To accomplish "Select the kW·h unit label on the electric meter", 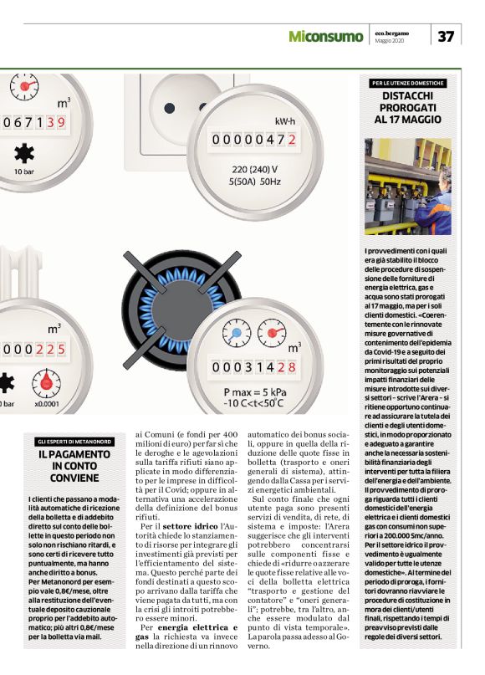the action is pyautogui.click(x=284, y=121).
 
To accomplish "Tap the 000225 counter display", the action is pyautogui.click(x=34, y=349).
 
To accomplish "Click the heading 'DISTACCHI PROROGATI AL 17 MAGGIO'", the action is pyautogui.click(x=408, y=108).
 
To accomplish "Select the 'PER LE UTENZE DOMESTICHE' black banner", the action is pyautogui.click(x=408, y=84).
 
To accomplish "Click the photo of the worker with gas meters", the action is pyautogui.click(x=408, y=187).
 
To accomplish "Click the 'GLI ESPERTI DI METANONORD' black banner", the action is pyautogui.click(x=74, y=441).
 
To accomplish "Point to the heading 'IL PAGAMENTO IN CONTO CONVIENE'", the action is pyautogui.click(x=74, y=466).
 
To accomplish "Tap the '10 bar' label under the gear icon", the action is pyautogui.click(x=23, y=171).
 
